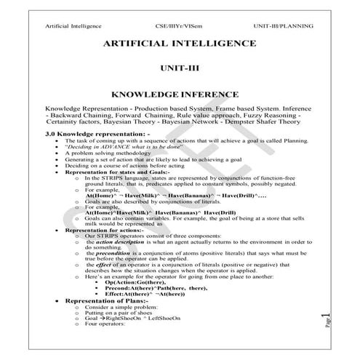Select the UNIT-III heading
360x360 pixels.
pyautogui.click(x=179, y=69)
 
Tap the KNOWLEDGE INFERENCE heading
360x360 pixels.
pyautogui.click(x=179, y=95)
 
